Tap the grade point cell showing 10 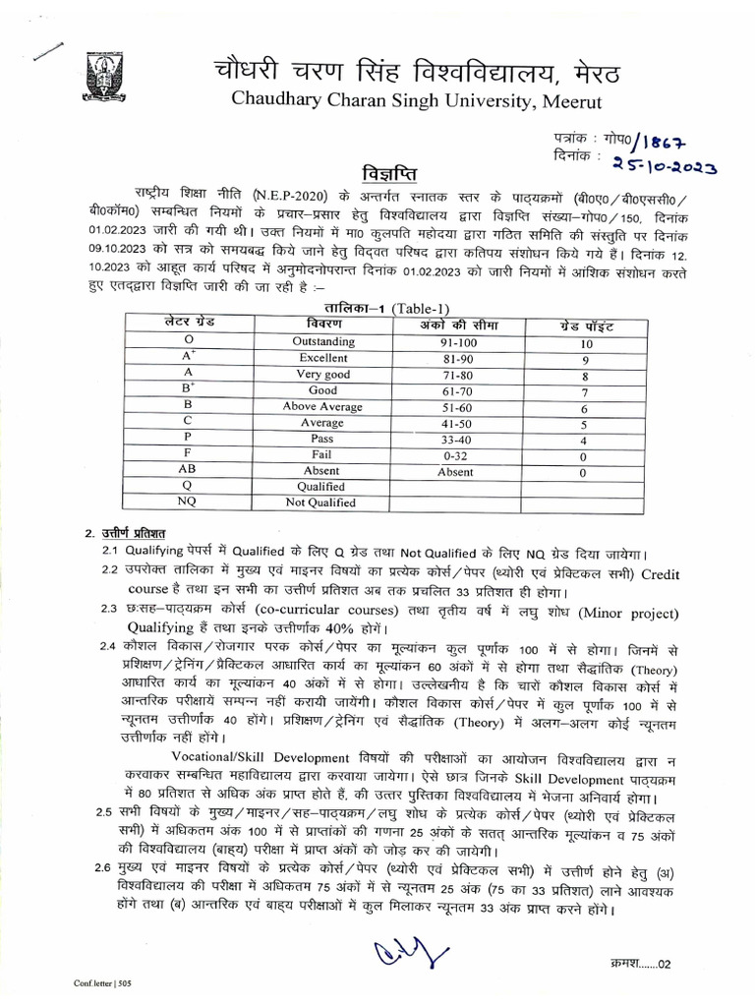(x=586, y=344)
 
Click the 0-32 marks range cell (x=455, y=455)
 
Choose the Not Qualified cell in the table (x=319, y=503)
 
